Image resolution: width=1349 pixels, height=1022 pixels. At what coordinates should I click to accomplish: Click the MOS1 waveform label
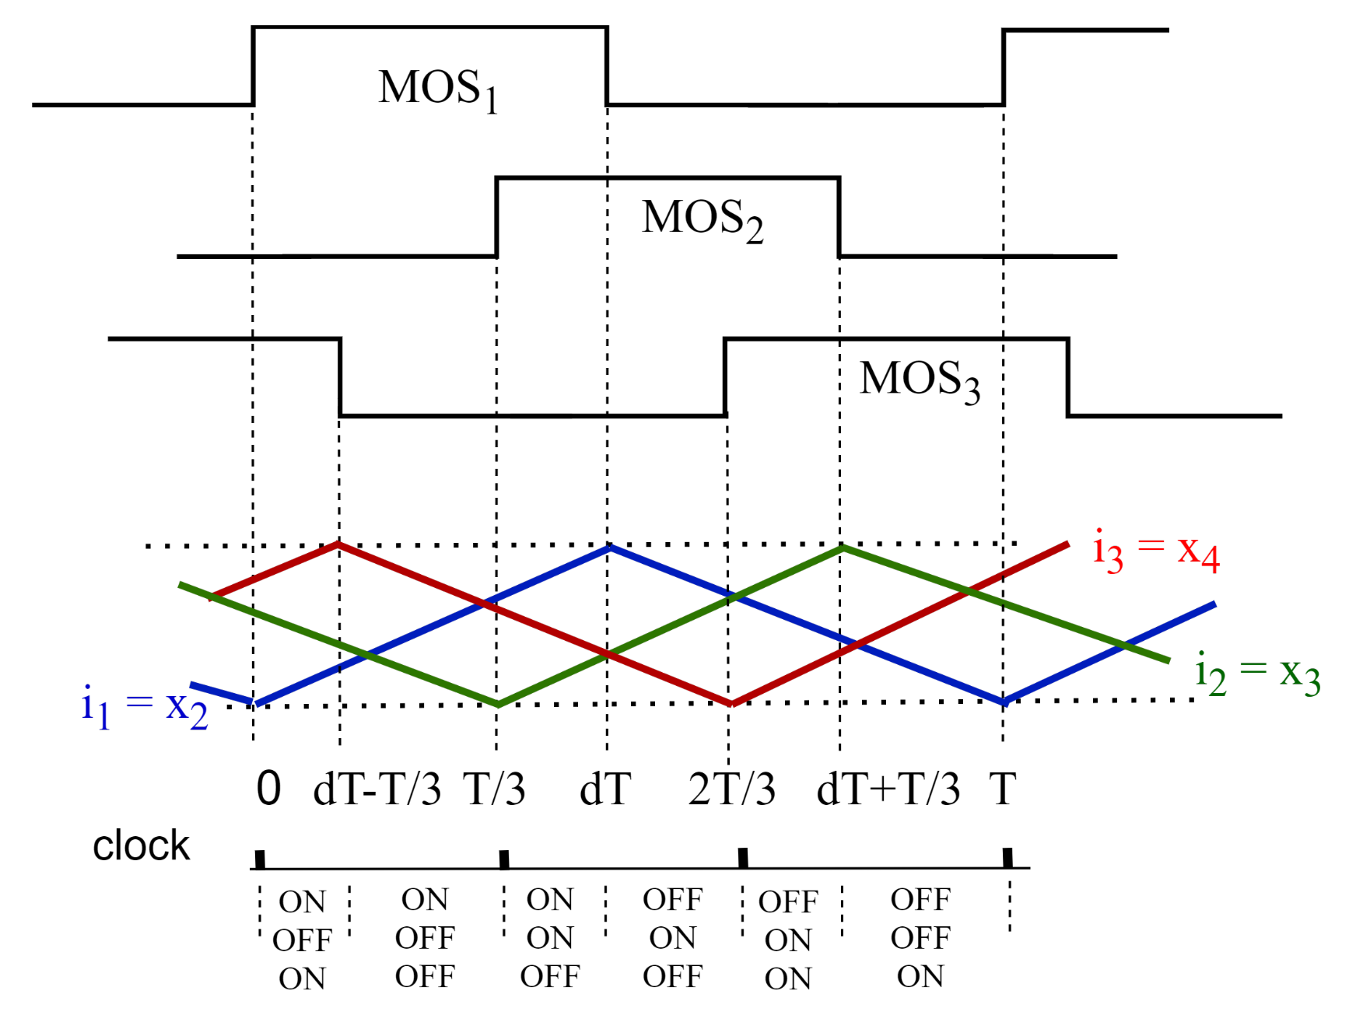438,89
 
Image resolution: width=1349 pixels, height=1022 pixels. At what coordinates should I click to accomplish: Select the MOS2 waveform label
702,219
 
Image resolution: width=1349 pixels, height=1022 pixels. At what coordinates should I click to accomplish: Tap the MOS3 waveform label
920,381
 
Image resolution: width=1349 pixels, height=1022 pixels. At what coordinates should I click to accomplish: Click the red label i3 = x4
1156,551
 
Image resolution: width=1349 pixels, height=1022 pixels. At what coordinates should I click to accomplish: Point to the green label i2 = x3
1257,673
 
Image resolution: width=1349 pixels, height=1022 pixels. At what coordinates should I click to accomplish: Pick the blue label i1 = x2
145,706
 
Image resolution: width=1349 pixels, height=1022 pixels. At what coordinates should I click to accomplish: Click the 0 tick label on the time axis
268,789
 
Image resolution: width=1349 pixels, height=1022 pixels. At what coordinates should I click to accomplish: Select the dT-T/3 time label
377,789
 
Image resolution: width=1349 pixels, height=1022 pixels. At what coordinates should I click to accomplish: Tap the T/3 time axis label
495,789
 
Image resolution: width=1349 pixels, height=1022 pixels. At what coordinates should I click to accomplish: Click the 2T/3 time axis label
731,789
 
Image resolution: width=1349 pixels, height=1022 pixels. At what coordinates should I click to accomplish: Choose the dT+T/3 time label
888,789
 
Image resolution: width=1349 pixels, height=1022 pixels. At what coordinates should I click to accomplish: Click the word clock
141,845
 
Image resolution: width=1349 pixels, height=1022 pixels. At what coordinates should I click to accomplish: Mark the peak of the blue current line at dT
609,548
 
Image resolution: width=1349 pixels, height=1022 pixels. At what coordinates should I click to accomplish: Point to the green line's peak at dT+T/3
842,548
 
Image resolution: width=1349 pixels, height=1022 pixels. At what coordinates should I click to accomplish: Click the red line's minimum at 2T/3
731,704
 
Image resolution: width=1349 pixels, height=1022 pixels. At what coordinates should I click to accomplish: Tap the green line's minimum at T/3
498,705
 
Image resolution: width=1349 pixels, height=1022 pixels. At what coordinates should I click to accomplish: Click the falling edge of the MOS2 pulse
839,218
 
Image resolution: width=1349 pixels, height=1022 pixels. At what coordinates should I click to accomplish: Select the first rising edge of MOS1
253,66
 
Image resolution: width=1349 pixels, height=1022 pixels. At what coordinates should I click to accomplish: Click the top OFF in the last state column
920,900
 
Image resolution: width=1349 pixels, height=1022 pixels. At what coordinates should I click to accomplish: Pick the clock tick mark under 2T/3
743,858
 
